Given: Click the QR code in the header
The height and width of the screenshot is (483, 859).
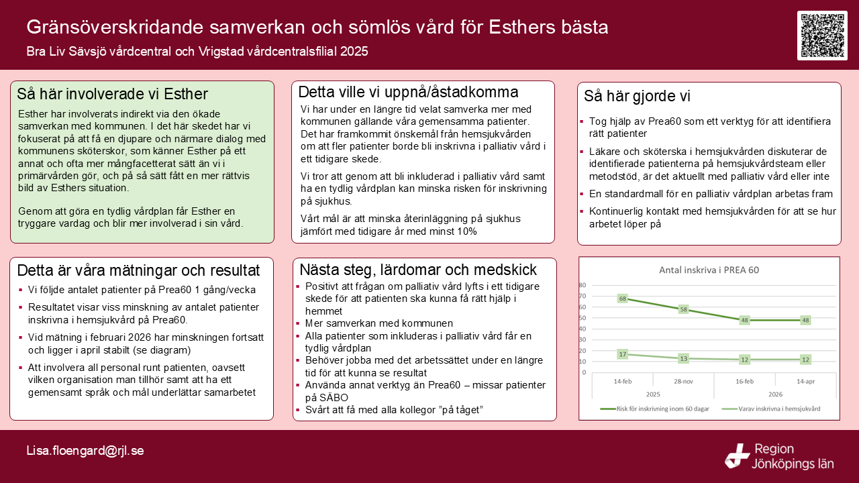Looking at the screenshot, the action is pos(822,36).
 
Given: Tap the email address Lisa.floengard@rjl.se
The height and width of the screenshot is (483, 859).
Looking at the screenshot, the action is pos(85,451).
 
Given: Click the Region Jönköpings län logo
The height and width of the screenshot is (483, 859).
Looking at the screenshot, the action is pos(779,456).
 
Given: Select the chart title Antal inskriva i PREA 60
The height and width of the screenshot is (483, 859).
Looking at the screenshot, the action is pos(709,270).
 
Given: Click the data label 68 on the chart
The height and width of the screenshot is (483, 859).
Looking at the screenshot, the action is pos(622,299).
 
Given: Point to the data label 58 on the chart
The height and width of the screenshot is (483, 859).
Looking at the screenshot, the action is pos(683,309).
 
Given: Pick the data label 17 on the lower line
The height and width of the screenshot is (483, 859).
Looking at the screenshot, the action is pos(622,355).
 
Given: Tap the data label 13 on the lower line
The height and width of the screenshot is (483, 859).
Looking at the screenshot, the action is pos(683,359).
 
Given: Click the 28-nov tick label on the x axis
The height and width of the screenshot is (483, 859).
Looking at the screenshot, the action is pos(683,382).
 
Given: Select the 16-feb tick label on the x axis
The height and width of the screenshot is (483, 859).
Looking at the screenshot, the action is pos(744,382).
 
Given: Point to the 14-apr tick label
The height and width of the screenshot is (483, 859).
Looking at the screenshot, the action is pos(806,382).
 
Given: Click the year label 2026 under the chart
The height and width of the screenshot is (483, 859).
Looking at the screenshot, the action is pos(775,394).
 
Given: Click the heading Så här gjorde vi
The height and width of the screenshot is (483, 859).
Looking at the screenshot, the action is pos(637,96).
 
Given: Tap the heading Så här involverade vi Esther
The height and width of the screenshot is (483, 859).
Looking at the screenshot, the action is pos(112,94).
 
